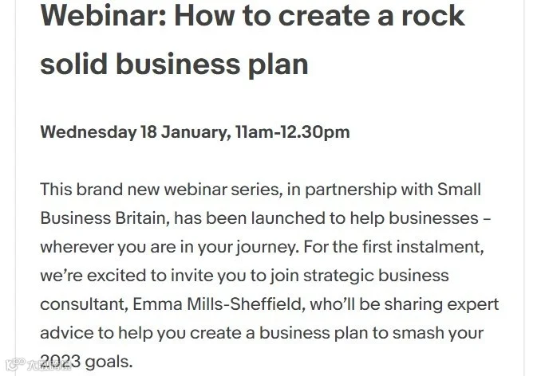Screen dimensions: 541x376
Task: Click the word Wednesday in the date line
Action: click(89, 132)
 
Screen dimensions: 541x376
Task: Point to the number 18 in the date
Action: click(148, 132)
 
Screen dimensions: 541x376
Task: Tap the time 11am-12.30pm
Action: click(293, 132)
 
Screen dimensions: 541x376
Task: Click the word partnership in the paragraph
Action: click(351, 190)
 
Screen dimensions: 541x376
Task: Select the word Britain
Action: click(142, 218)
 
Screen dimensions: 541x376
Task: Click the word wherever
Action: click(77, 247)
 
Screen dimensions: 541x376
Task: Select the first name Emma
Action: click(157, 304)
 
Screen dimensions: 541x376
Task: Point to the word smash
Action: click(418, 333)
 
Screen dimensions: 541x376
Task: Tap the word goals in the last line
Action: click(109, 362)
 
